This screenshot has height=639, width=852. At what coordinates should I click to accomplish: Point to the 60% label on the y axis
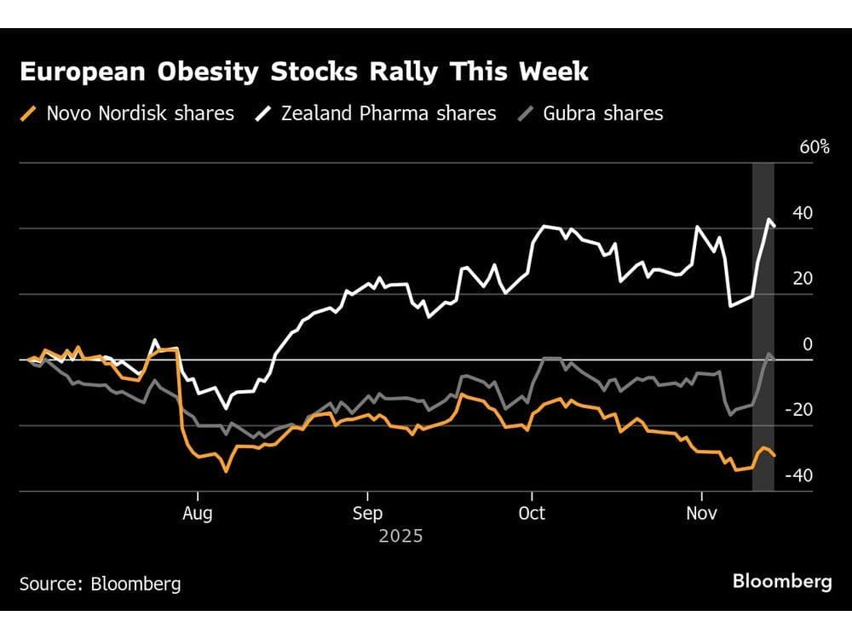pos(815,147)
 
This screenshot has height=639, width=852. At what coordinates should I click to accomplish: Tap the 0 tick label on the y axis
pos(808,344)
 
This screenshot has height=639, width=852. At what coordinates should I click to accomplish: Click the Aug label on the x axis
pos(198,515)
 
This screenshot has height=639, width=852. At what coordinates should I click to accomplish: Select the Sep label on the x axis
pos(367,515)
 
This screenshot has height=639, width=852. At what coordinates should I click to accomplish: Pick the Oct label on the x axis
pos(532,515)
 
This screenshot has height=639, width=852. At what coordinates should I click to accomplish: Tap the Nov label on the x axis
pos(701,515)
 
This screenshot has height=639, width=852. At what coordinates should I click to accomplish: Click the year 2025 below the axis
pos(400,537)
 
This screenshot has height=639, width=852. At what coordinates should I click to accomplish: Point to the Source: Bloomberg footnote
pos(100,584)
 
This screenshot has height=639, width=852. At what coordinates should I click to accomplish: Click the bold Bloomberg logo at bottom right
pos(782,582)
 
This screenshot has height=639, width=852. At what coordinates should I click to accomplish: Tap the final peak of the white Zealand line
pos(769,220)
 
